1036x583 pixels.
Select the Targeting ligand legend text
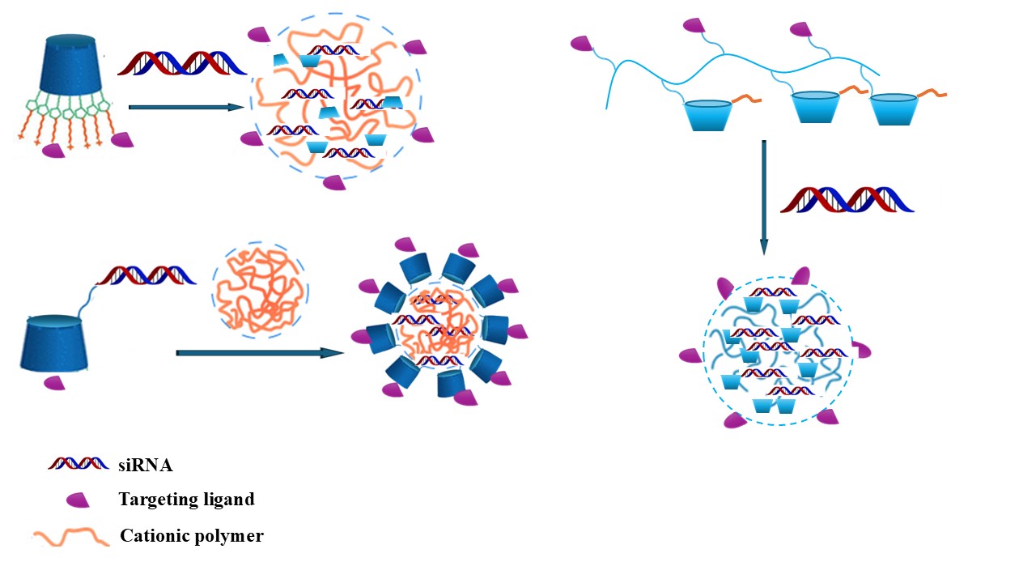[x=186, y=499]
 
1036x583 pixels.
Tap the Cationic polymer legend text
[x=191, y=535]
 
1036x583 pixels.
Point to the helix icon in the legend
[x=79, y=464]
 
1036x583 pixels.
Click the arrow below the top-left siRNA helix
[x=187, y=106]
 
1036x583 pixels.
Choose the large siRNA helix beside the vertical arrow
[x=847, y=199]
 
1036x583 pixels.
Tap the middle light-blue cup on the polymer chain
[x=813, y=107]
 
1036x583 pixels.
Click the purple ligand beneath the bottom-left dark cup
[x=54, y=383]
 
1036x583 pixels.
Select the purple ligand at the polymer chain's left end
[x=582, y=42]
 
